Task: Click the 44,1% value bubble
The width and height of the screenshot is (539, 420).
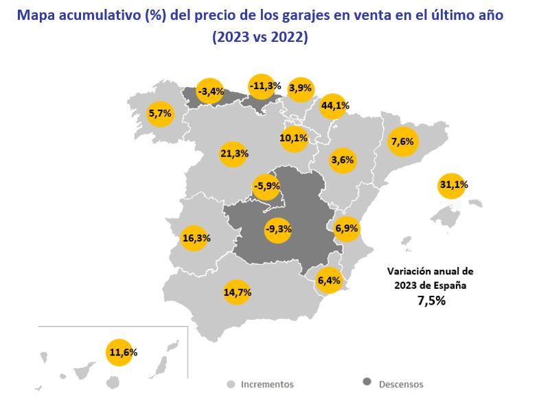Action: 334,106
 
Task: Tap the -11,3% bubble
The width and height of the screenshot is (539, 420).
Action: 264,86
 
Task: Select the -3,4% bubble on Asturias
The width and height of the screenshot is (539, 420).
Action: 210,91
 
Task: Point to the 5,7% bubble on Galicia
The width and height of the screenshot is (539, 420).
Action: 160,114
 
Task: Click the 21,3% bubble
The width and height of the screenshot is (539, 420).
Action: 234,154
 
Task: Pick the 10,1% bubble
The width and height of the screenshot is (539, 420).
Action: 294,138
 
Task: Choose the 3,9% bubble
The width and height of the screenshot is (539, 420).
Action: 301,88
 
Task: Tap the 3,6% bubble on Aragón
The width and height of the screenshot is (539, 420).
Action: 342,161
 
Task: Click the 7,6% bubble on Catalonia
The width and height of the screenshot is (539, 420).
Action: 402,142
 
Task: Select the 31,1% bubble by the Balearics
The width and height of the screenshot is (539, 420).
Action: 451,185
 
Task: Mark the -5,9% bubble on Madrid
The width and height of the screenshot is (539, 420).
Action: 266,185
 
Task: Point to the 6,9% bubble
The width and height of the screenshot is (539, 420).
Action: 347,227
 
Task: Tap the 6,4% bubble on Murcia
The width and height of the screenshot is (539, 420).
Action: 329,280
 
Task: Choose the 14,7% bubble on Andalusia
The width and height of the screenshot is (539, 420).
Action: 237,292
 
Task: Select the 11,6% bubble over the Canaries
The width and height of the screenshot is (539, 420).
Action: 122,352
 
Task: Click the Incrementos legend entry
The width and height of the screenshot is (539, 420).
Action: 266,384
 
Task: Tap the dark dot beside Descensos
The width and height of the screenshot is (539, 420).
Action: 367,383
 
